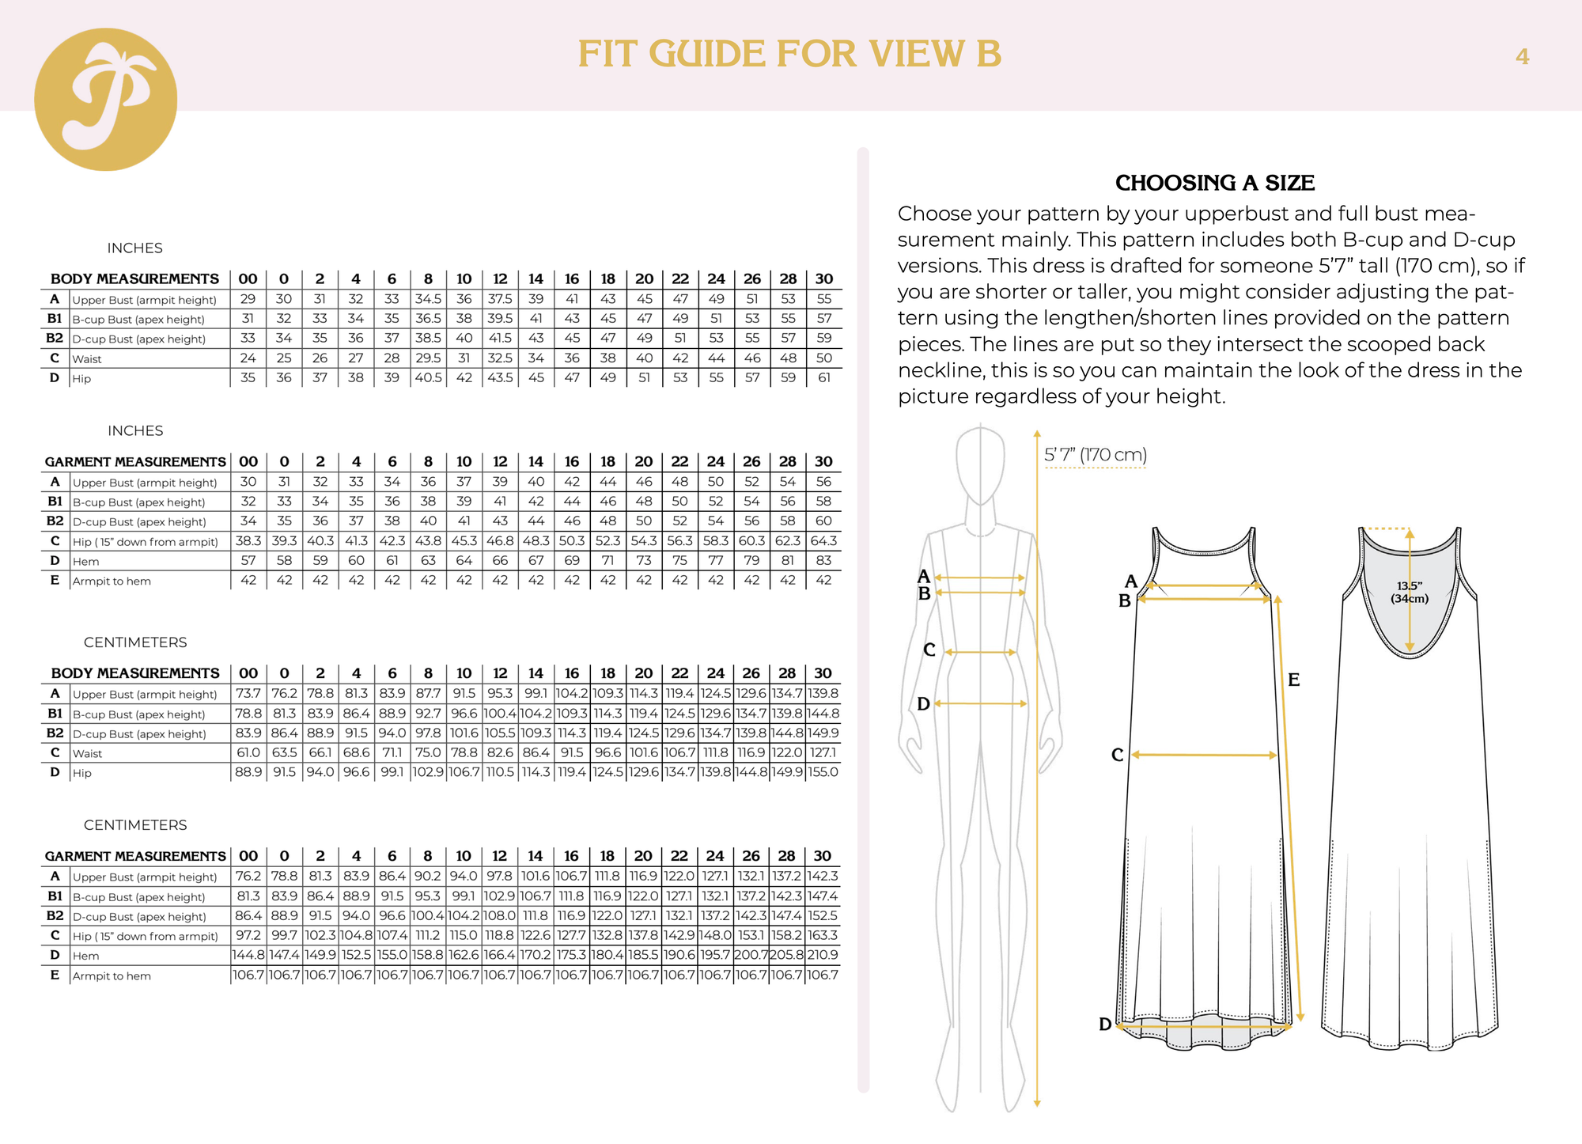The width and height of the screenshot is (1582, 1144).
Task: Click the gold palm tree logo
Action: [x=105, y=100]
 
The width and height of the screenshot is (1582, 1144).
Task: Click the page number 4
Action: [x=1522, y=57]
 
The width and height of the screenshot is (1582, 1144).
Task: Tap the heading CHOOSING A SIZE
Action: [x=1214, y=183]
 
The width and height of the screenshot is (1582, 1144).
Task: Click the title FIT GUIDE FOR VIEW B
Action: [x=789, y=55]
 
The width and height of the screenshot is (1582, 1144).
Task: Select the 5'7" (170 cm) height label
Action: [x=1096, y=455]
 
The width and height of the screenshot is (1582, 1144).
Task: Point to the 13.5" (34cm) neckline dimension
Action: [x=1410, y=592]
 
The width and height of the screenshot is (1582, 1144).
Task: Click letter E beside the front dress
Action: [x=1293, y=680]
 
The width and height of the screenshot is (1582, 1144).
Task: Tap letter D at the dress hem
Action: [x=1105, y=1025]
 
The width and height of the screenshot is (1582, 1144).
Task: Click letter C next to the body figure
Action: [x=929, y=650]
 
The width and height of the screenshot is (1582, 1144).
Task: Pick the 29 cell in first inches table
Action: [x=248, y=299]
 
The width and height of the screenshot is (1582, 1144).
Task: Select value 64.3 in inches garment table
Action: [x=823, y=541]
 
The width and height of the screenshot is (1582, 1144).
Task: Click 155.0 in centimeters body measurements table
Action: [x=823, y=772]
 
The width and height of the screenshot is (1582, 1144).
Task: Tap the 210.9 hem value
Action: [x=823, y=955]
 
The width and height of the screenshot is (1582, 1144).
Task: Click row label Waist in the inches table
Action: [x=87, y=359]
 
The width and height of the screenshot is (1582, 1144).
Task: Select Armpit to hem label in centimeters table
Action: [x=112, y=976]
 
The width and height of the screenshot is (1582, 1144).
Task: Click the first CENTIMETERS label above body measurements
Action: [x=135, y=642]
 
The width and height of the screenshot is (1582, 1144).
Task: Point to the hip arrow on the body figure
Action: [x=981, y=703]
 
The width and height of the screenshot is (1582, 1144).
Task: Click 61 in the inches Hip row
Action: [x=823, y=378]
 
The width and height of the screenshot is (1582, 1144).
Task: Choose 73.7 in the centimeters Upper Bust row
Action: [x=248, y=694]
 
